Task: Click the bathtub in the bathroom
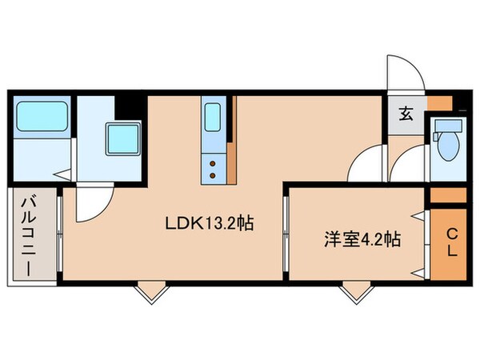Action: [x=40, y=118]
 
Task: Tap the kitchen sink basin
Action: [x=214, y=118]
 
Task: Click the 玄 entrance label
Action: [x=406, y=113]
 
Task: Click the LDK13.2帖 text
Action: [x=210, y=224]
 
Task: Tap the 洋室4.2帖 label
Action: [x=351, y=238]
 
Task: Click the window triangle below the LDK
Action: [x=146, y=292]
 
